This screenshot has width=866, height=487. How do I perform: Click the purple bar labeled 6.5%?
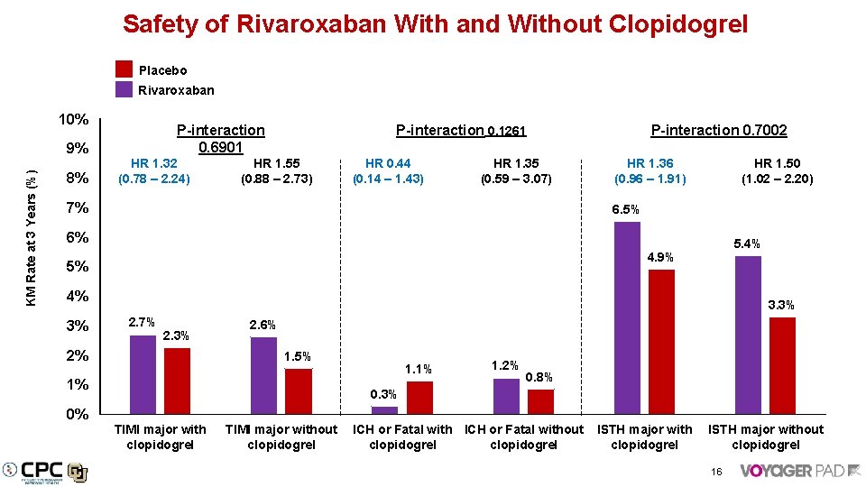click(627, 317)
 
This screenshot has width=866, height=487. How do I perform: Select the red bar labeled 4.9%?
click(661, 341)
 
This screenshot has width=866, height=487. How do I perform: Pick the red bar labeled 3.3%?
click(782, 365)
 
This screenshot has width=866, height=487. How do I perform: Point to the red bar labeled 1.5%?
click(298, 391)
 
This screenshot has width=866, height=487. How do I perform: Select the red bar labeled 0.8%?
click(540, 402)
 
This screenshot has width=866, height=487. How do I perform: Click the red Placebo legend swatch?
click(124, 69)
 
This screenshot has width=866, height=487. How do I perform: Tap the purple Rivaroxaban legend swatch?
click(124, 89)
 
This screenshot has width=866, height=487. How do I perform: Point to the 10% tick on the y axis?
click(73, 120)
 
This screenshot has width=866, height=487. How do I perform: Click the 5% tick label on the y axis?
click(78, 267)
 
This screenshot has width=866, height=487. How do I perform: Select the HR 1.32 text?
click(153, 163)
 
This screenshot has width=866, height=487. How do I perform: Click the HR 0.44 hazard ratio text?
click(387, 163)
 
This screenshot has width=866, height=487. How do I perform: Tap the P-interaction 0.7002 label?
click(719, 131)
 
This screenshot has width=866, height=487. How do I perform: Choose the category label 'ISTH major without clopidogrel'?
click(765, 436)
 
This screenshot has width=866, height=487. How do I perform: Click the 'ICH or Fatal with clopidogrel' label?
click(402, 436)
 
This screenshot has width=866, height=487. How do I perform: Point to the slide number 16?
click(715, 472)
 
